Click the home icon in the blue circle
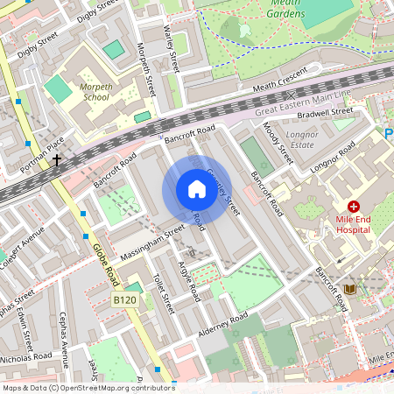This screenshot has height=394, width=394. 196,189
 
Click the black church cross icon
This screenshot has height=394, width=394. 58,160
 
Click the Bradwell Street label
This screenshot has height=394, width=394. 325,110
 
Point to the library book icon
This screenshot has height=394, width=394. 349,289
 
